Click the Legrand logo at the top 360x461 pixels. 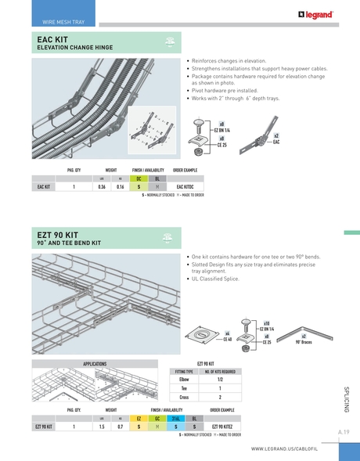pyautogui.click(x=315, y=13)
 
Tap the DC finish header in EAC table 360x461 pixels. pyautogui.click(x=138, y=178)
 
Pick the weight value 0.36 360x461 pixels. pyautogui.click(x=102, y=188)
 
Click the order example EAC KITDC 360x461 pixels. pyautogui.click(x=185, y=188)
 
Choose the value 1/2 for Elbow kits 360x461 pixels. pyautogui.click(x=220, y=379)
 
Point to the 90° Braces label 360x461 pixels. pyautogui.click(x=304, y=343)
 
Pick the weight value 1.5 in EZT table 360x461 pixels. pyautogui.click(x=102, y=427)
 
